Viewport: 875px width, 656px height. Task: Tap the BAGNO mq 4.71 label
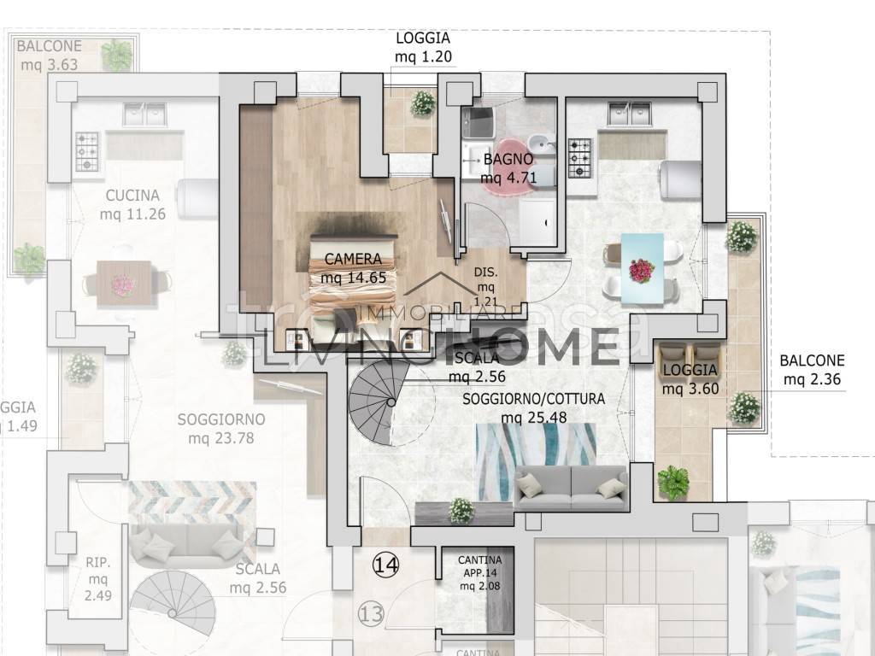coord(508,168)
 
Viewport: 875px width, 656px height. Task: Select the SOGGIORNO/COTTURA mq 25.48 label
coord(534,408)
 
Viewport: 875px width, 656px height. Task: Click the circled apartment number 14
coord(385,564)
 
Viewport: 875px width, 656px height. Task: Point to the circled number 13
coord(370,612)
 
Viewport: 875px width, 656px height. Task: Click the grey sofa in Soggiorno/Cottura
coord(572,489)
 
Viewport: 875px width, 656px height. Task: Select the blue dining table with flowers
coord(643,268)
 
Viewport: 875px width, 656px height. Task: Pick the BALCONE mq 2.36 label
coord(812,369)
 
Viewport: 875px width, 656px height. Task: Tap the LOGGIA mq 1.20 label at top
coord(422,48)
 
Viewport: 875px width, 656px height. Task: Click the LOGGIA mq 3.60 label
coord(689,379)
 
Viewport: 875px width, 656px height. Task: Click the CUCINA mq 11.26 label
coord(132,205)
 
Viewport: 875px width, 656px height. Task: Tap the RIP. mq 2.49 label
coord(97,579)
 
